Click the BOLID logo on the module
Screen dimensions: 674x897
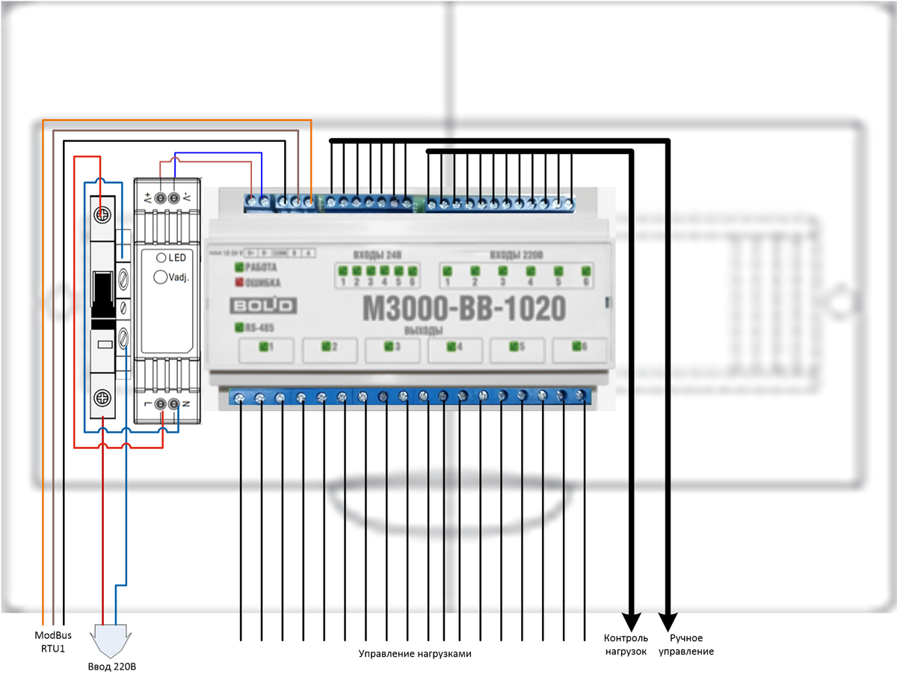click(262, 306)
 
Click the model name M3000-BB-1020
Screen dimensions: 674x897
click(463, 308)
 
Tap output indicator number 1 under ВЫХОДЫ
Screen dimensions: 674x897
click(263, 346)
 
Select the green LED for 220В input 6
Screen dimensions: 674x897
click(586, 270)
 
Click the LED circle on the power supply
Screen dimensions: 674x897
click(161, 258)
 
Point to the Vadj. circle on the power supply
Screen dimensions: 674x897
click(159, 276)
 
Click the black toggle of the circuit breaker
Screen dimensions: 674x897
click(102, 295)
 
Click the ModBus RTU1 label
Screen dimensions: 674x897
click(52, 642)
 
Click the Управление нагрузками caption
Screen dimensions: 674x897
click(416, 653)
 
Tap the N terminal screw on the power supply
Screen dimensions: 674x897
click(173, 404)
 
